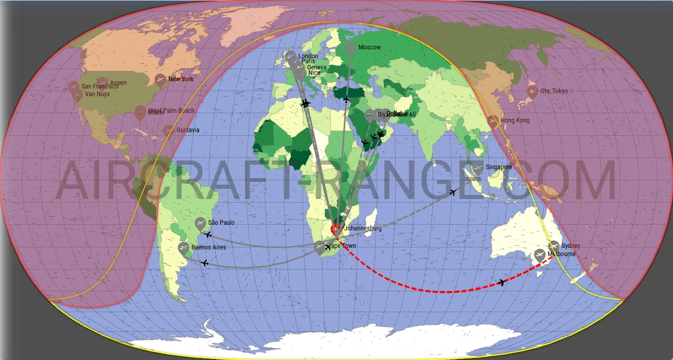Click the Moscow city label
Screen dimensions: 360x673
point(369,48)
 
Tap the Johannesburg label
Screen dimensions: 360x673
point(362,228)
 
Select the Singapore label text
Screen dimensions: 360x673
point(499,167)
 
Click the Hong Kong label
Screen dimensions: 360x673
point(515,120)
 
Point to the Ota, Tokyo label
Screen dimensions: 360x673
point(554,91)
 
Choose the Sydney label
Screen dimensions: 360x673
point(571,246)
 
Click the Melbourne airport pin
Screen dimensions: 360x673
point(539,254)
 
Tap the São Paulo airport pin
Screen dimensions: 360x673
point(201,223)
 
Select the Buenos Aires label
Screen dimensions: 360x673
point(208,247)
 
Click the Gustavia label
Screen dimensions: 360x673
point(188,130)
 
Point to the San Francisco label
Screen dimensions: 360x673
point(100,86)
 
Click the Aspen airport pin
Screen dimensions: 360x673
point(102,83)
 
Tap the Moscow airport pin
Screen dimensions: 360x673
point(350,49)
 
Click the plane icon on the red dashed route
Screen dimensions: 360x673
point(502,282)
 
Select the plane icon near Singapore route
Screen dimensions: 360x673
point(453,192)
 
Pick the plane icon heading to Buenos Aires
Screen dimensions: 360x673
point(205,263)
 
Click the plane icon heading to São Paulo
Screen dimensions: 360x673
point(208,235)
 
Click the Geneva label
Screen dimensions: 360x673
point(316,67)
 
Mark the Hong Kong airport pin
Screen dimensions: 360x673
point(493,121)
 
